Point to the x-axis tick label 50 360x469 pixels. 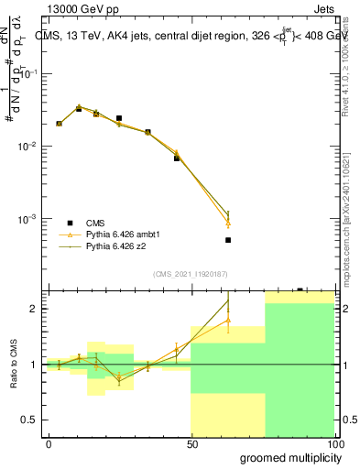(x=191, y=443)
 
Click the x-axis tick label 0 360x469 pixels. (x=49, y=443)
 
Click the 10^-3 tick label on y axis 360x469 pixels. (x=27, y=219)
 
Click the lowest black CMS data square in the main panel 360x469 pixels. (x=228, y=240)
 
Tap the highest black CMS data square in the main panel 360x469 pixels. (x=79, y=109)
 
